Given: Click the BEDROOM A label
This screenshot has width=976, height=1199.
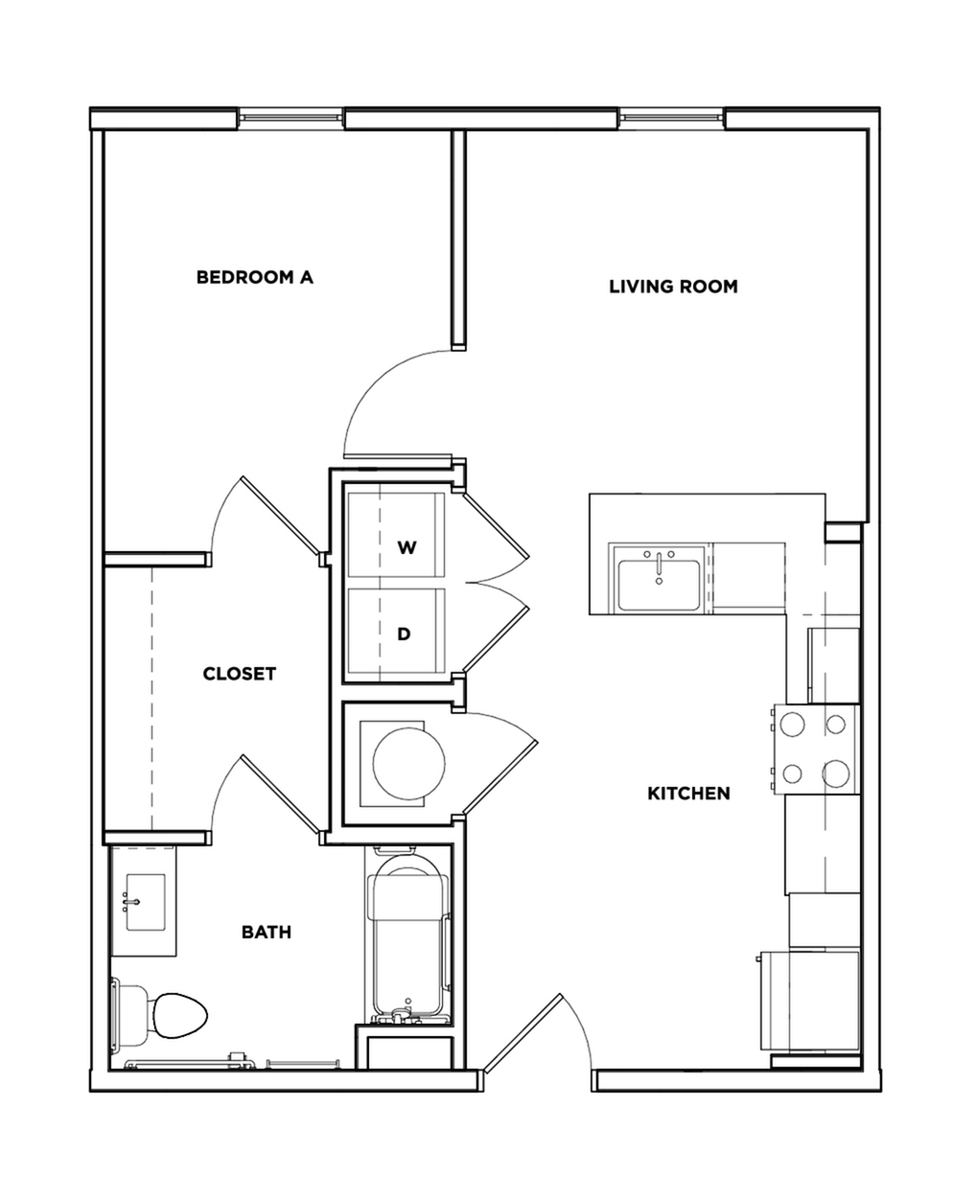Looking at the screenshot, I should (254, 278).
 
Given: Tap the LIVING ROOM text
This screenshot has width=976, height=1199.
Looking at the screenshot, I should (673, 287).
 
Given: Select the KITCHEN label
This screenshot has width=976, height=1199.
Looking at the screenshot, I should (688, 794).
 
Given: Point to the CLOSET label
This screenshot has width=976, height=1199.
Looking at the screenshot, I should (239, 674).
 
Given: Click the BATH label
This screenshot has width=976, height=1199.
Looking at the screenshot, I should (266, 932).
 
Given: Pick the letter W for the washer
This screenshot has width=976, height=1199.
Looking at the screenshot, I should (407, 548).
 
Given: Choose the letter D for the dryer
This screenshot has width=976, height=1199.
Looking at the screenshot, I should (405, 634).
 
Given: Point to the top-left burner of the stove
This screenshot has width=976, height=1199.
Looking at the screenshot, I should (793, 726).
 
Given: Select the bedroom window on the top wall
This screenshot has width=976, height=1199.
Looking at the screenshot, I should (289, 118).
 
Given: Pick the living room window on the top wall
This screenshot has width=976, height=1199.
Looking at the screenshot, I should (671, 118).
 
